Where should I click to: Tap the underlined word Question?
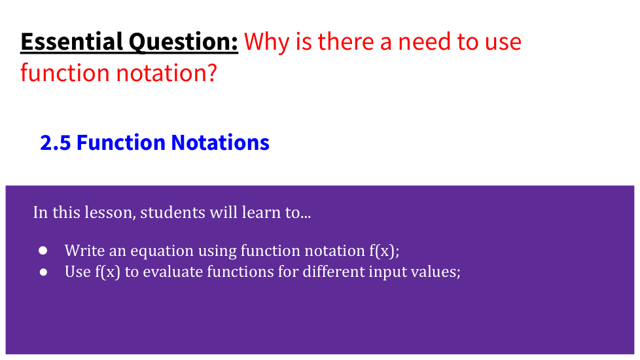(x=183, y=43)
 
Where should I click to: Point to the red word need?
(x=424, y=42)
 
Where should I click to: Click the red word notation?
(x=166, y=73)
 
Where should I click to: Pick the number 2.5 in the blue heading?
(x=56, y=143)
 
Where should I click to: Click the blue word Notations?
(x=221, y=143)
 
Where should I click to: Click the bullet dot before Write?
(x=43, y=251)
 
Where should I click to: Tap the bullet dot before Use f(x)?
(x=43, y=272)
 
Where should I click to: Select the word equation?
(x=162, y=251)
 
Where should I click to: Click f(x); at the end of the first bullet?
(x=385, y=251)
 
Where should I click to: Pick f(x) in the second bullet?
(x=108, y=272)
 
